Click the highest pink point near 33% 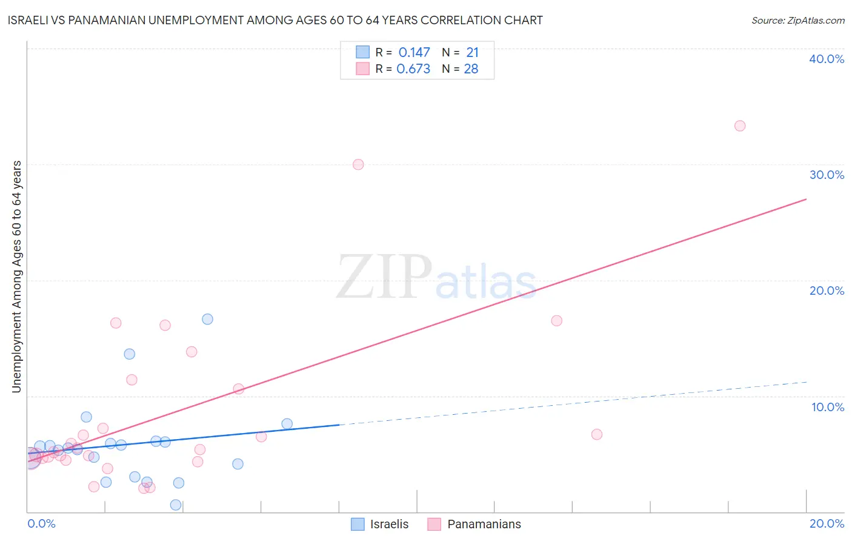pos(739,126)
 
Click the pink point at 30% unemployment pos(358,164)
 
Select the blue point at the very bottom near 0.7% pos(176,505)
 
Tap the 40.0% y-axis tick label pos(827,59)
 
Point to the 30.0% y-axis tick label pos(827,175)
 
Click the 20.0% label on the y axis pos(827,291)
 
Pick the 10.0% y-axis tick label pos(828,407)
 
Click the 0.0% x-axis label pos(41,524)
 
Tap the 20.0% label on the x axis pos(827,524)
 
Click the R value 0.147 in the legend pos(414,53)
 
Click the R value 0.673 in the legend pos(413,69)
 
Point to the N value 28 pos(471,69)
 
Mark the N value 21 pos(472,53)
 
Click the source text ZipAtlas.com pos(797,21)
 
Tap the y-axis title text pos(16,277)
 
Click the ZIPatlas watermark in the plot pos(436,278)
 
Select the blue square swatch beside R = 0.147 pos(362,52)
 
